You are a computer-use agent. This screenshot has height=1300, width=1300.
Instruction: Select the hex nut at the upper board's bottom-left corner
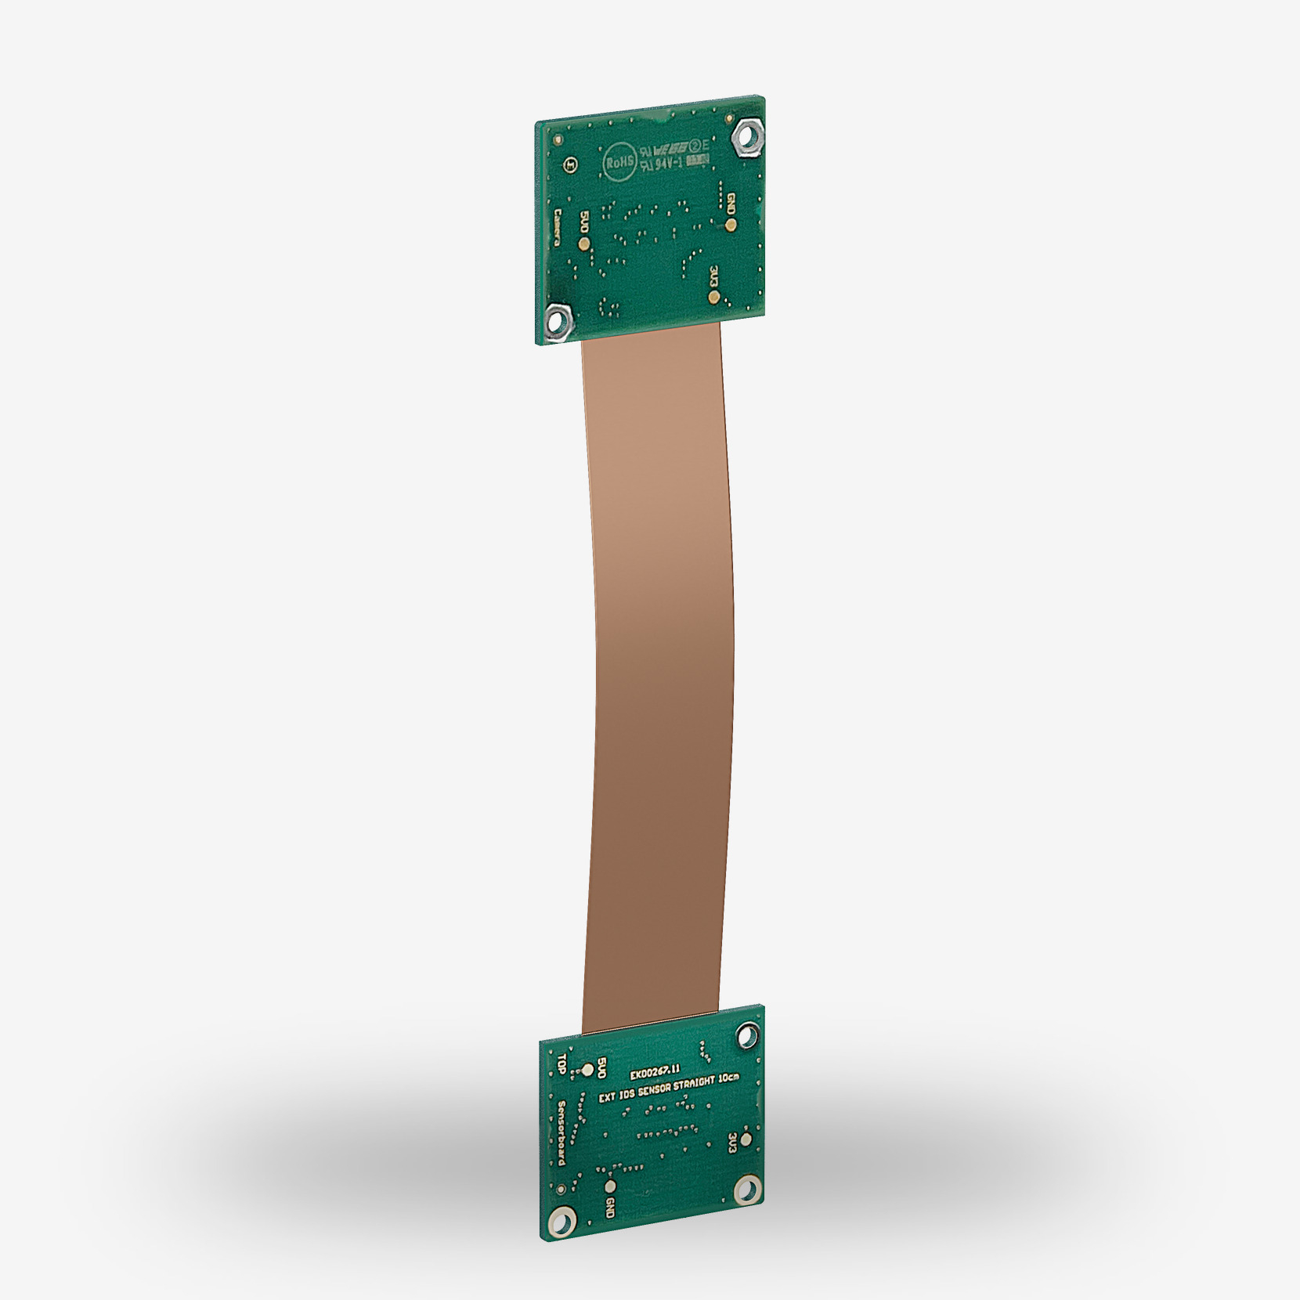[x=558, y=319]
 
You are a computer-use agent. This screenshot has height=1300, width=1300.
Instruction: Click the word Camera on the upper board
[x=558, y=227]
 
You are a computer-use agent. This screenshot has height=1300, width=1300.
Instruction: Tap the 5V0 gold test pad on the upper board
[x=583, y=244]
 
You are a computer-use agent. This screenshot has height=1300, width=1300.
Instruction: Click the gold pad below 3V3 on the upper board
[x=713, y=297]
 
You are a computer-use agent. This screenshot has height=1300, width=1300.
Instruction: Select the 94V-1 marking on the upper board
[x=669, y=163]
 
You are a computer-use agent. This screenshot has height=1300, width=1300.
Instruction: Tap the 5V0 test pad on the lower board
[x=587, y=1068]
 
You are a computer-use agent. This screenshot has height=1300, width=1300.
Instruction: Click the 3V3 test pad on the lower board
[x=746, y=1139]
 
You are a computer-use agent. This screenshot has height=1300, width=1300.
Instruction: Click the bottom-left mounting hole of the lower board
[x=562, y=1240]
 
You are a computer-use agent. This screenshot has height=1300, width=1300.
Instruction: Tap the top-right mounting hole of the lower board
[x=747, y=1038]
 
